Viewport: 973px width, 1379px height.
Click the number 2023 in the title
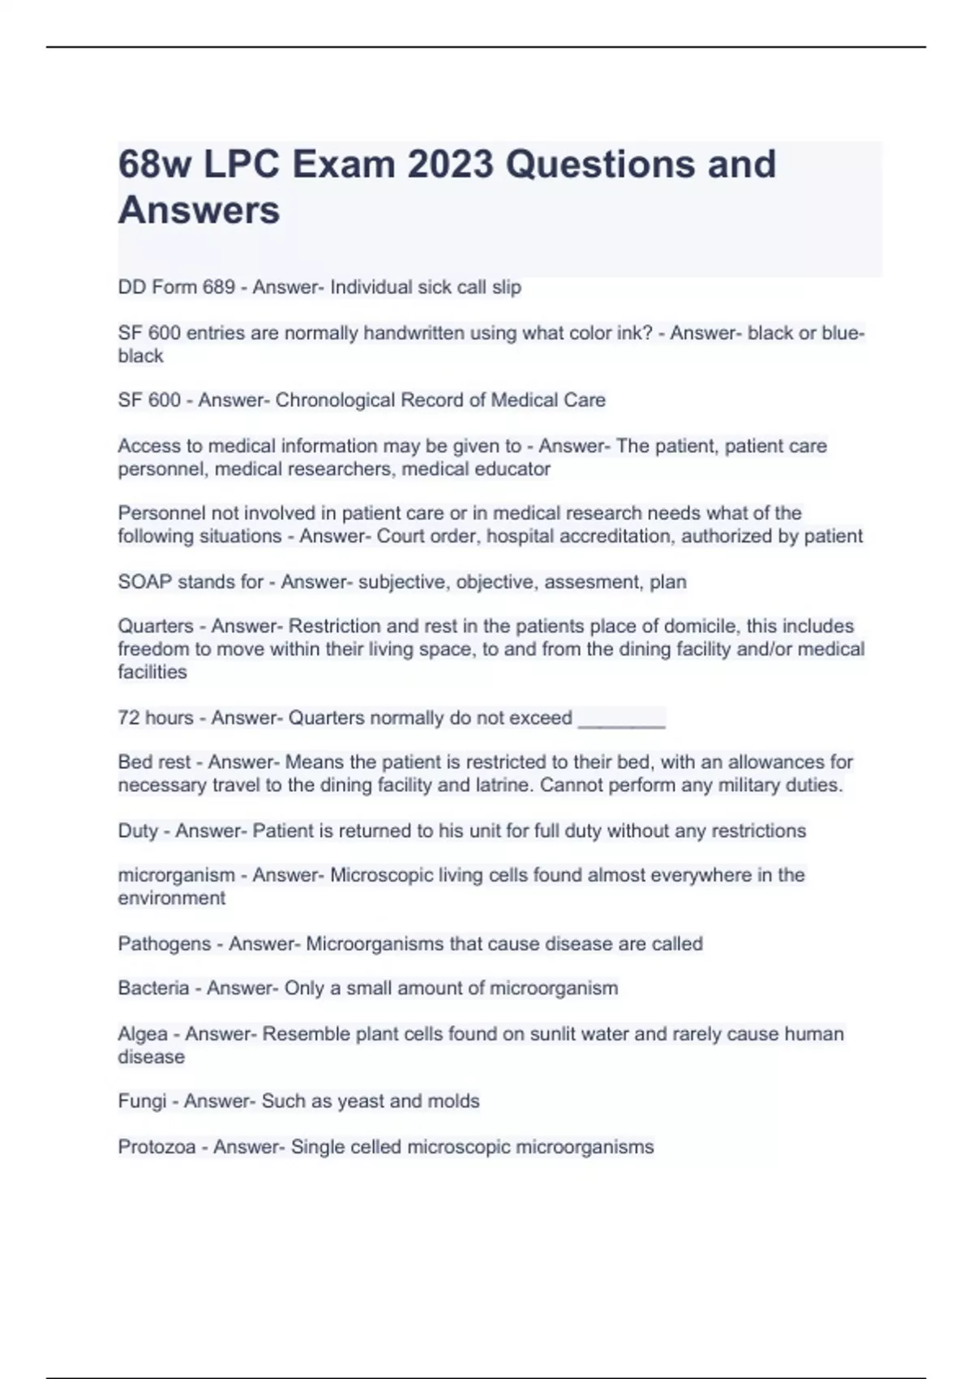click(x=450, y=165)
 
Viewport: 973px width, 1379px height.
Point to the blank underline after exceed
click(x=621, y=719)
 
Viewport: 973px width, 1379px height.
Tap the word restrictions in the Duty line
click(x=759, y=831)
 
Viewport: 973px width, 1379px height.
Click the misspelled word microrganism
click(x=176, y=875)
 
